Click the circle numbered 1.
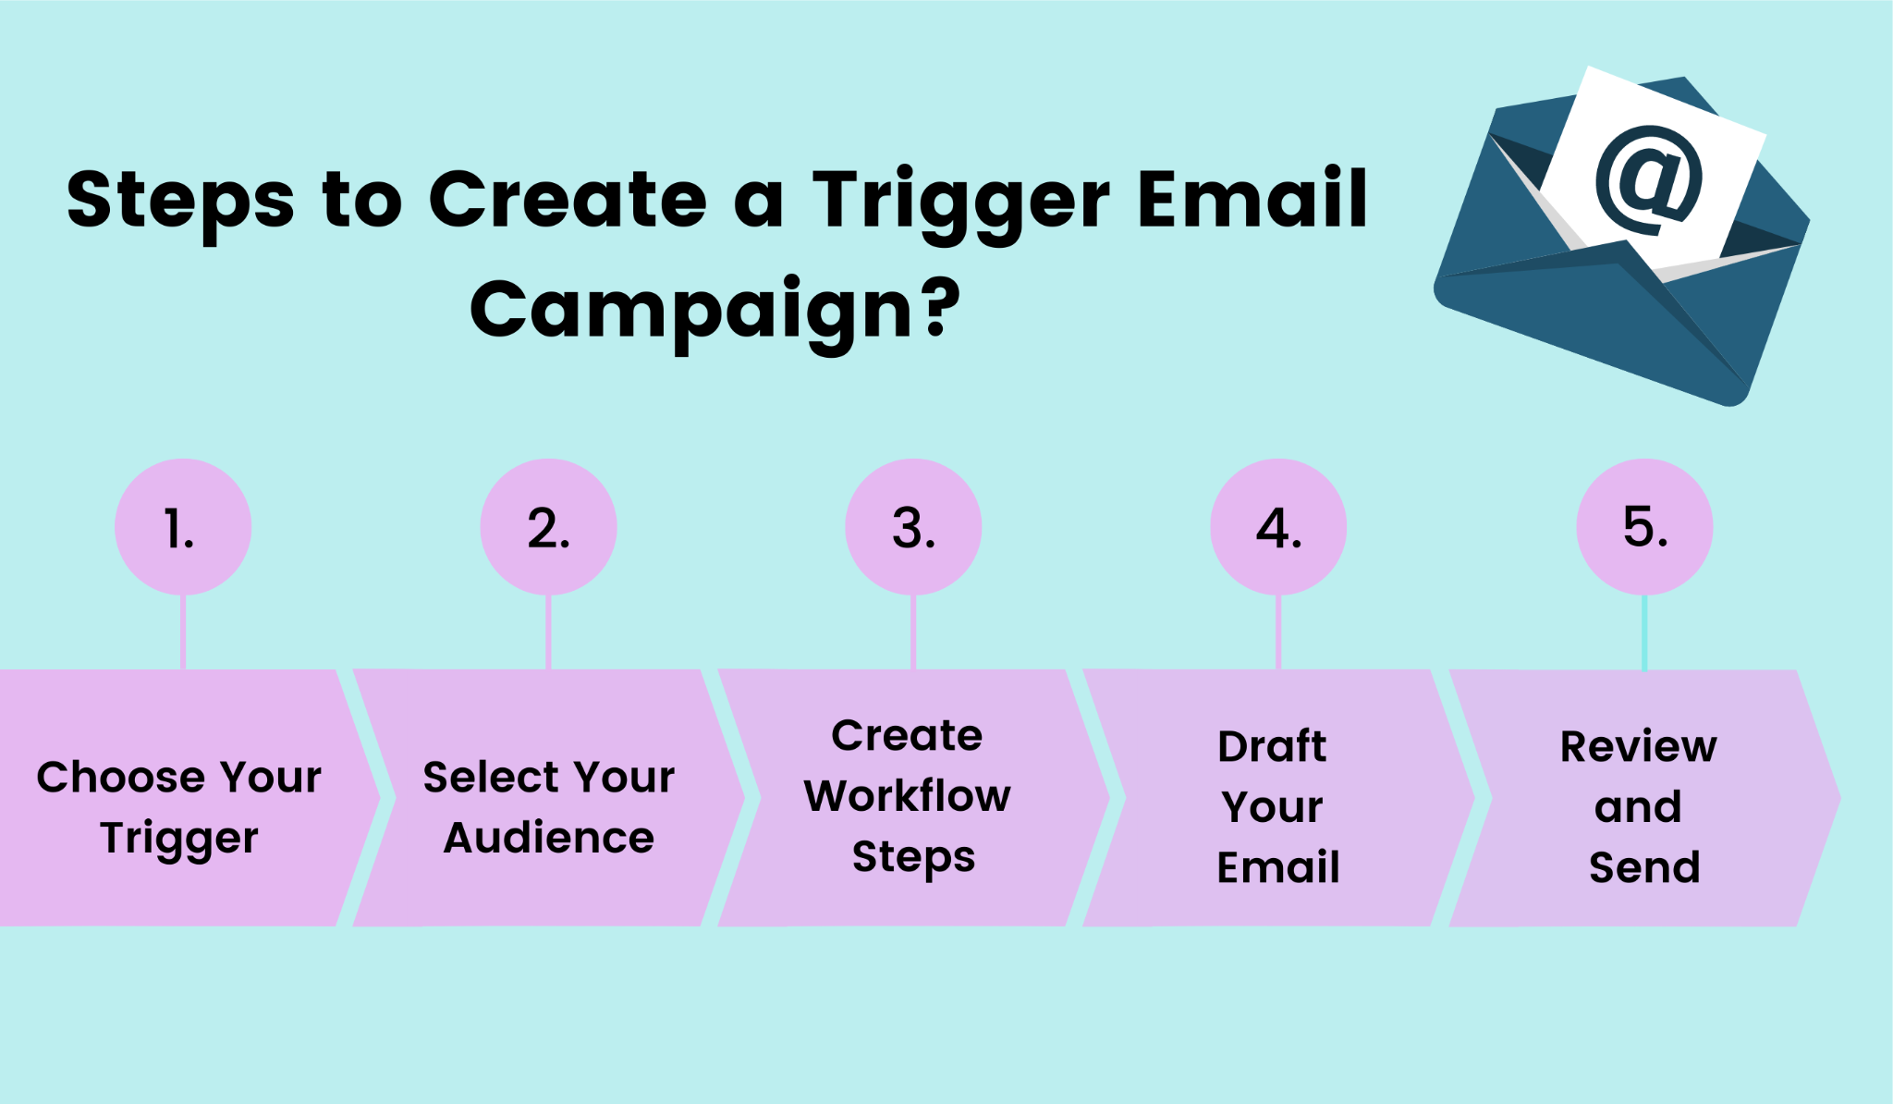click(183, 527)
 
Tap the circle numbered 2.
click(548, 527)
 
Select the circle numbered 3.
click(913, 527)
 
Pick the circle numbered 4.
click(1278, 527)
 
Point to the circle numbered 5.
click(1644, 527)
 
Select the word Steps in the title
click(181, 202)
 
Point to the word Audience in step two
click(549, 838)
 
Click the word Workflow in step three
click(908, 795)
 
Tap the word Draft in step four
click(1272, 745)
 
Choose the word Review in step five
click(1639, 745)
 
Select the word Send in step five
click(1644, 866)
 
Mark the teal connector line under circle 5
click(1644, 632)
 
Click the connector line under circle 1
click(183, 632)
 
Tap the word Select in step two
click(483, 777)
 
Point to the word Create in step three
click(907, 735)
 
